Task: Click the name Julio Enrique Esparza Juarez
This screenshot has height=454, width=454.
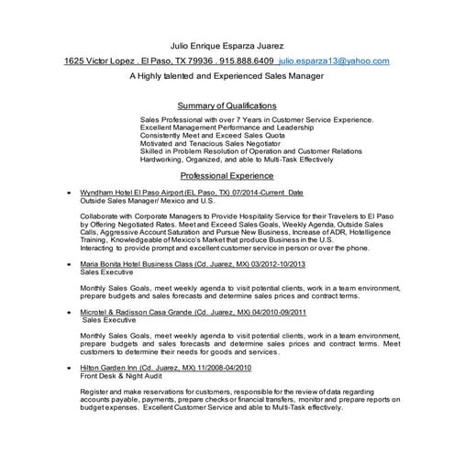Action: tap(227, 43)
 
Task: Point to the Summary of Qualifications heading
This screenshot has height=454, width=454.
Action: tap(227, 105)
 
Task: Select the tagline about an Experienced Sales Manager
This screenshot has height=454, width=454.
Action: tap(227, 79)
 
